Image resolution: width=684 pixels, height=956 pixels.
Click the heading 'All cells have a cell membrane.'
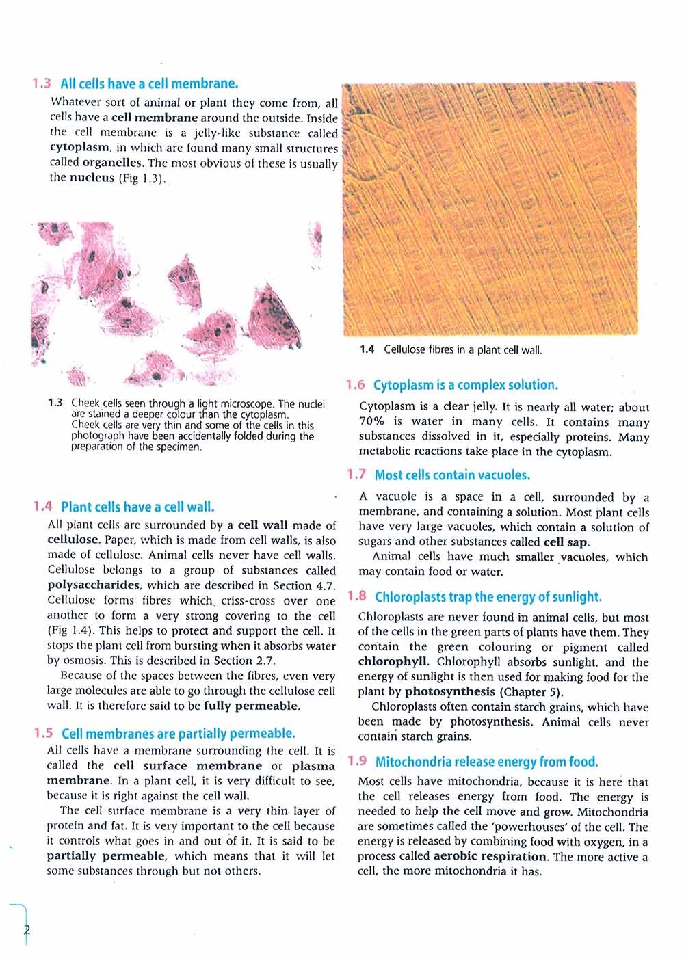pyautogui.click(x=149, y=84)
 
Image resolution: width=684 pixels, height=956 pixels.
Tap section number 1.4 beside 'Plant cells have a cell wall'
pyautogui.click(x=42, y=507)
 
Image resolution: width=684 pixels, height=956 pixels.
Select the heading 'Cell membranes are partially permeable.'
pyautogui.click(x=179, y=734)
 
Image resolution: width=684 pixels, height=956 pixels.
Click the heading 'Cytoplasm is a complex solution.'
pyautogui.click(x=466, y=385)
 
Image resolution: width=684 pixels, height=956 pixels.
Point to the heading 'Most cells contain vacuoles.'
pyautogui.click(x=452, y=475)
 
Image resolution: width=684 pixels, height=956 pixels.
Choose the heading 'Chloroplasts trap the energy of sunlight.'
pyautogui.click(x=488, y=597)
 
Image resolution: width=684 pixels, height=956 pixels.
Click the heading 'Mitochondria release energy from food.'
pyautogui.click(x=486, y=762)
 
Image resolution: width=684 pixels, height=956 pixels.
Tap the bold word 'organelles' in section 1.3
pyautogui.click(x=112, y=163)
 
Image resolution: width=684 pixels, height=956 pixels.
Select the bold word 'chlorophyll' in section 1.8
pyautogui.click(x=393, y=662)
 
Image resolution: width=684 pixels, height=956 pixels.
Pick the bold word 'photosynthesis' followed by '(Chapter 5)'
pyautogui.click(x=449, y=691)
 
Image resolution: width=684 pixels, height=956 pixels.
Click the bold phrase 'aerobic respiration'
pyautogui.click(x=490, y=857)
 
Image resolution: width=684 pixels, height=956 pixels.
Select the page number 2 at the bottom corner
pyautogui.click(x=27, y=929)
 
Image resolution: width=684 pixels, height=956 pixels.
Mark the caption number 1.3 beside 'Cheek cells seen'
pyautogui.click(x=55, y=403)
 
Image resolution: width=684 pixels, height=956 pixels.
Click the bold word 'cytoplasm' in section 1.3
pyautogui.click(x=79, y=148)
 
